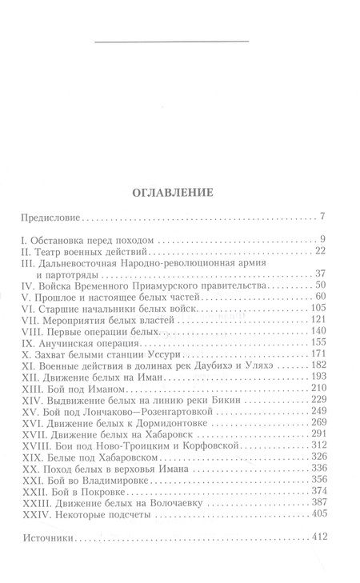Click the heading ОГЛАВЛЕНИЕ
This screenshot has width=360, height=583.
click(x=179, y=193)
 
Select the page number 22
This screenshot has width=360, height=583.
click(x=318, y=251)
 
